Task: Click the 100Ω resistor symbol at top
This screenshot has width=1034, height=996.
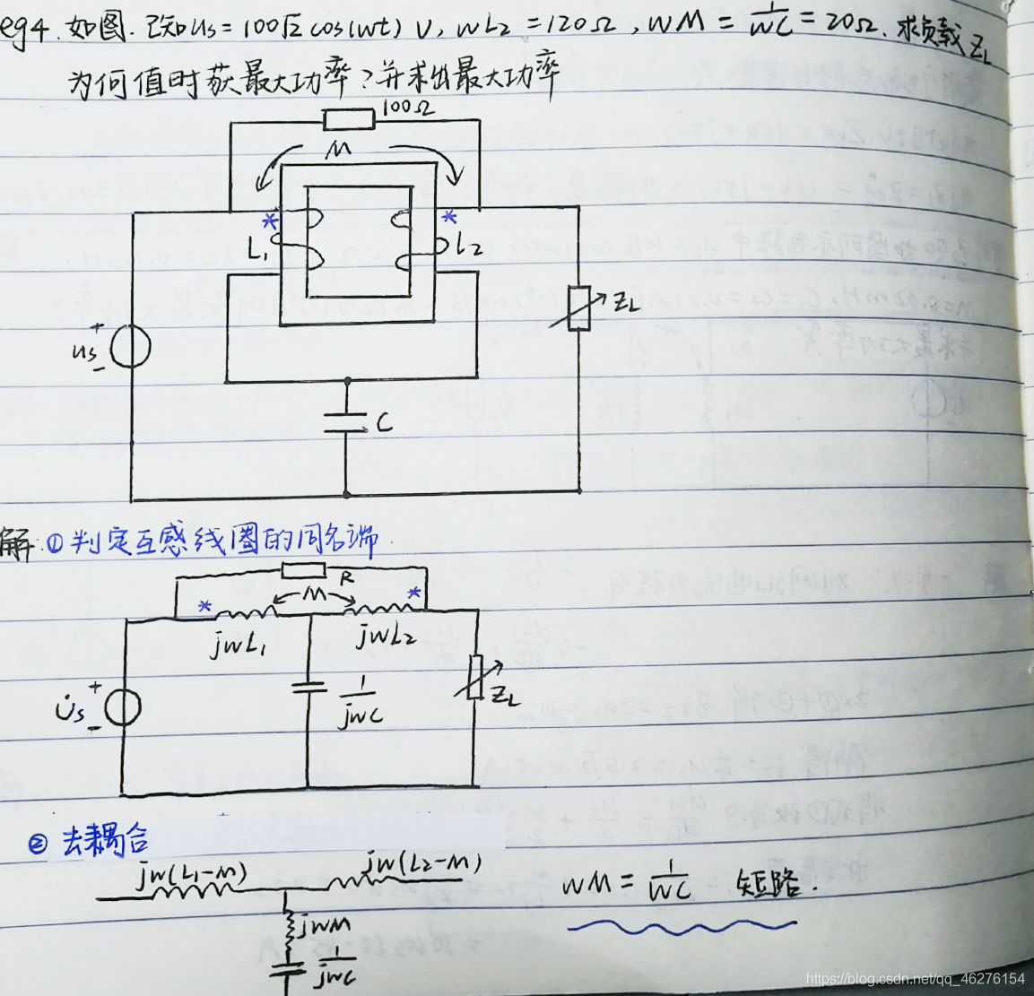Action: coord(349,118)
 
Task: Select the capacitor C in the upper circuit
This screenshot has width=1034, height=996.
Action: coord(346,421)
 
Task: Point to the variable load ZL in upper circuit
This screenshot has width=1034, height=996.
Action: coord(579,307)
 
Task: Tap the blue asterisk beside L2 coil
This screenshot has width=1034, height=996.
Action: coord(449,218)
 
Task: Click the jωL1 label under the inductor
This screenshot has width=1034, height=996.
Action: coord(239,643)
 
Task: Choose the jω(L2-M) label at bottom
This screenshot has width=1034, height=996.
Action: coord(423,865)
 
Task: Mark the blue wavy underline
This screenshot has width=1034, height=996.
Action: coord(682,925)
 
